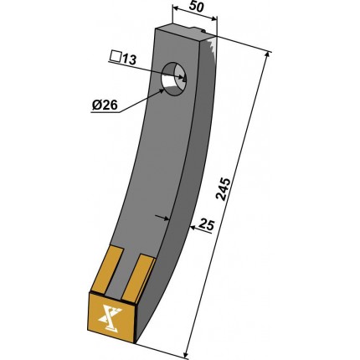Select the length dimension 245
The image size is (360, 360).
point(224,189)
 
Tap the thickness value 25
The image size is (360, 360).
point(207,225)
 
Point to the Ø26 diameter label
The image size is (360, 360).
point(105,105)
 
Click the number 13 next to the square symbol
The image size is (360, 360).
point(128,59)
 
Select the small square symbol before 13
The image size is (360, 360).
point(115,57)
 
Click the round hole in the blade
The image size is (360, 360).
point(174,80)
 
